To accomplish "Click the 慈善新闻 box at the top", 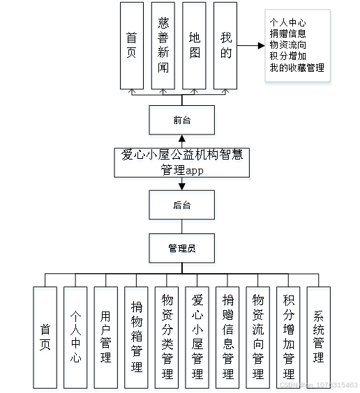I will coord(163,45).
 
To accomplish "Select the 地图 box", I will coord(194,45).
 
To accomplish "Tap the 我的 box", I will coord(225,45).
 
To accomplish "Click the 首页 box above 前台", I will coord(131,45).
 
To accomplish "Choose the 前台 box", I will coord(181,120).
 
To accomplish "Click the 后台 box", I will coord(181,205).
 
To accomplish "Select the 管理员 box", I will coord(181,247).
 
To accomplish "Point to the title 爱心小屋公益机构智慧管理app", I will coord(181,163).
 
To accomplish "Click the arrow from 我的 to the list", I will coord(250,45).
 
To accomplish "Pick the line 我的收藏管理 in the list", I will coord(297,68).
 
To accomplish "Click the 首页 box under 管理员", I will coord(45,337).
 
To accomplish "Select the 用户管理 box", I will coord(106,337).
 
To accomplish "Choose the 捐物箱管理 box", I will coord(137,337).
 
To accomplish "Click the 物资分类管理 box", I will coord(167,337).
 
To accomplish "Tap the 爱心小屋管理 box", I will coord(197,337).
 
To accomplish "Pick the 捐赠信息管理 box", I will coord(227,337).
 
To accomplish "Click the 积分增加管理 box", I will coord(288,337).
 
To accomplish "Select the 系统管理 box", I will coord(318,337).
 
